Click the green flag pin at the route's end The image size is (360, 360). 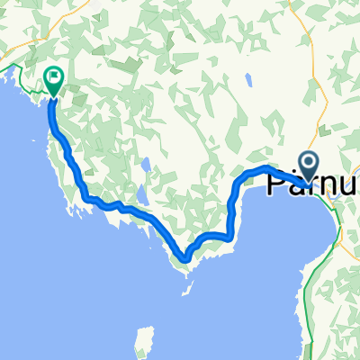(x=54, y=81)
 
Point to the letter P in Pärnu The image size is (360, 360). (x=277, y=184)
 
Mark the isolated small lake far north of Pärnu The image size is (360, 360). (x=247, y=78)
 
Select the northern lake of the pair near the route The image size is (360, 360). (x=145, y=166)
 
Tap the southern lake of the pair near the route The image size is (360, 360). (x=139, y=195)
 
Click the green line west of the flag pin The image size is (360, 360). (x=20, y=70)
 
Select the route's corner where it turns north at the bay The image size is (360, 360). (x=231, y=236)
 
